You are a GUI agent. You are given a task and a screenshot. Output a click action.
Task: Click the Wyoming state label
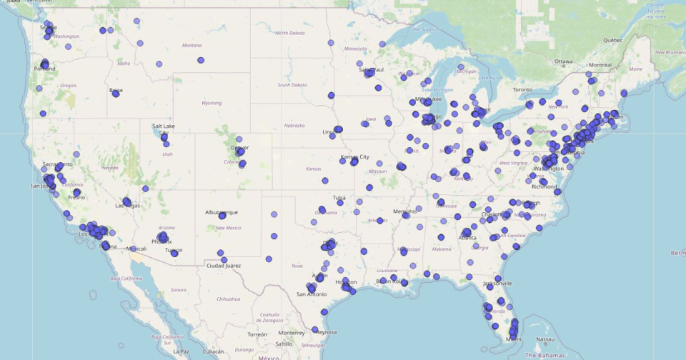(x=212, y=103)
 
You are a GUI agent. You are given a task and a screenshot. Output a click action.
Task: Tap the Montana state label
(x=192, y=45)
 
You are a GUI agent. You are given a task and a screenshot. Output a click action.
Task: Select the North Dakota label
(x=290, y=33)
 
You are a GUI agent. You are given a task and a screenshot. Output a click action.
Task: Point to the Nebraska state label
(x=294, y=125)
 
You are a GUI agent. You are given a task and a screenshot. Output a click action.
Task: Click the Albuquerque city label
(x=222, y=213)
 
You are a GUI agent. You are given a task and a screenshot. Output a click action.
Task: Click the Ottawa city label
(x=564, y=61)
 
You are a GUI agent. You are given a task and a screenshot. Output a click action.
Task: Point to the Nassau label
(x=545, y=339)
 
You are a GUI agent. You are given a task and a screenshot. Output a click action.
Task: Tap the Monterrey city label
(x=292, y=333)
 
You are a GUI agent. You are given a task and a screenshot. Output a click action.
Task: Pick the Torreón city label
(x=257, y=334)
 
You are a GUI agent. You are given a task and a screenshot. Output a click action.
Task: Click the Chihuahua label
(x=229, y=299)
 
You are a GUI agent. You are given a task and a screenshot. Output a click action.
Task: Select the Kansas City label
(x=354, y=156)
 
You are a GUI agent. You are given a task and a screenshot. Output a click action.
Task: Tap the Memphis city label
(x=404, y=211)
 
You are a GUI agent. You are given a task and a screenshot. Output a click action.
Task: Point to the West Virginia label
(x=512, y=163)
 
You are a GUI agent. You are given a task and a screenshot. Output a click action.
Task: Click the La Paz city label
(x=181, y=351)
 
